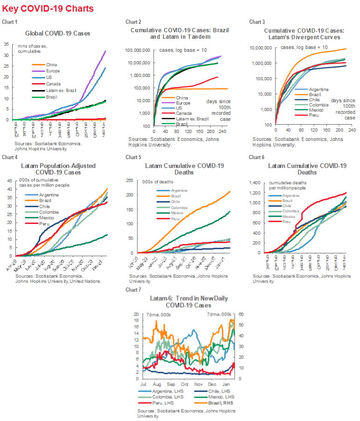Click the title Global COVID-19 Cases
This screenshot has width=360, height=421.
[x=58, y=33]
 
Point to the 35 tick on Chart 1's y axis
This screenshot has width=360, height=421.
[x=7, y=44]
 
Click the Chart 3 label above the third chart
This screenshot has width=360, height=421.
[x=257, y=22]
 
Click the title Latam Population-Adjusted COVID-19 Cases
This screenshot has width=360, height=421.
[x=58, y=168]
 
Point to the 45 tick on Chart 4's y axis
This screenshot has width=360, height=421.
[x=7, y=181]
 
